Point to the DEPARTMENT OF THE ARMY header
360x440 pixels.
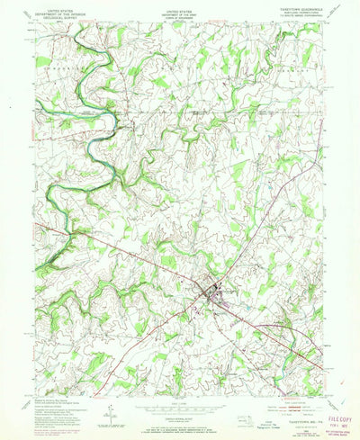[180, 11]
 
